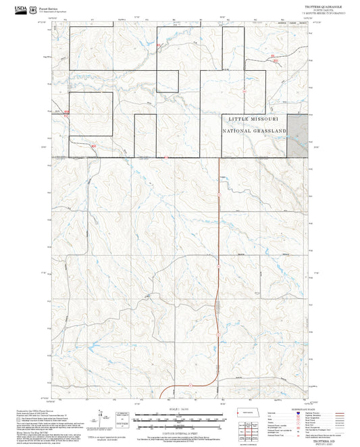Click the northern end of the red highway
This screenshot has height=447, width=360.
pyautogui.click(x=220, y=159)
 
